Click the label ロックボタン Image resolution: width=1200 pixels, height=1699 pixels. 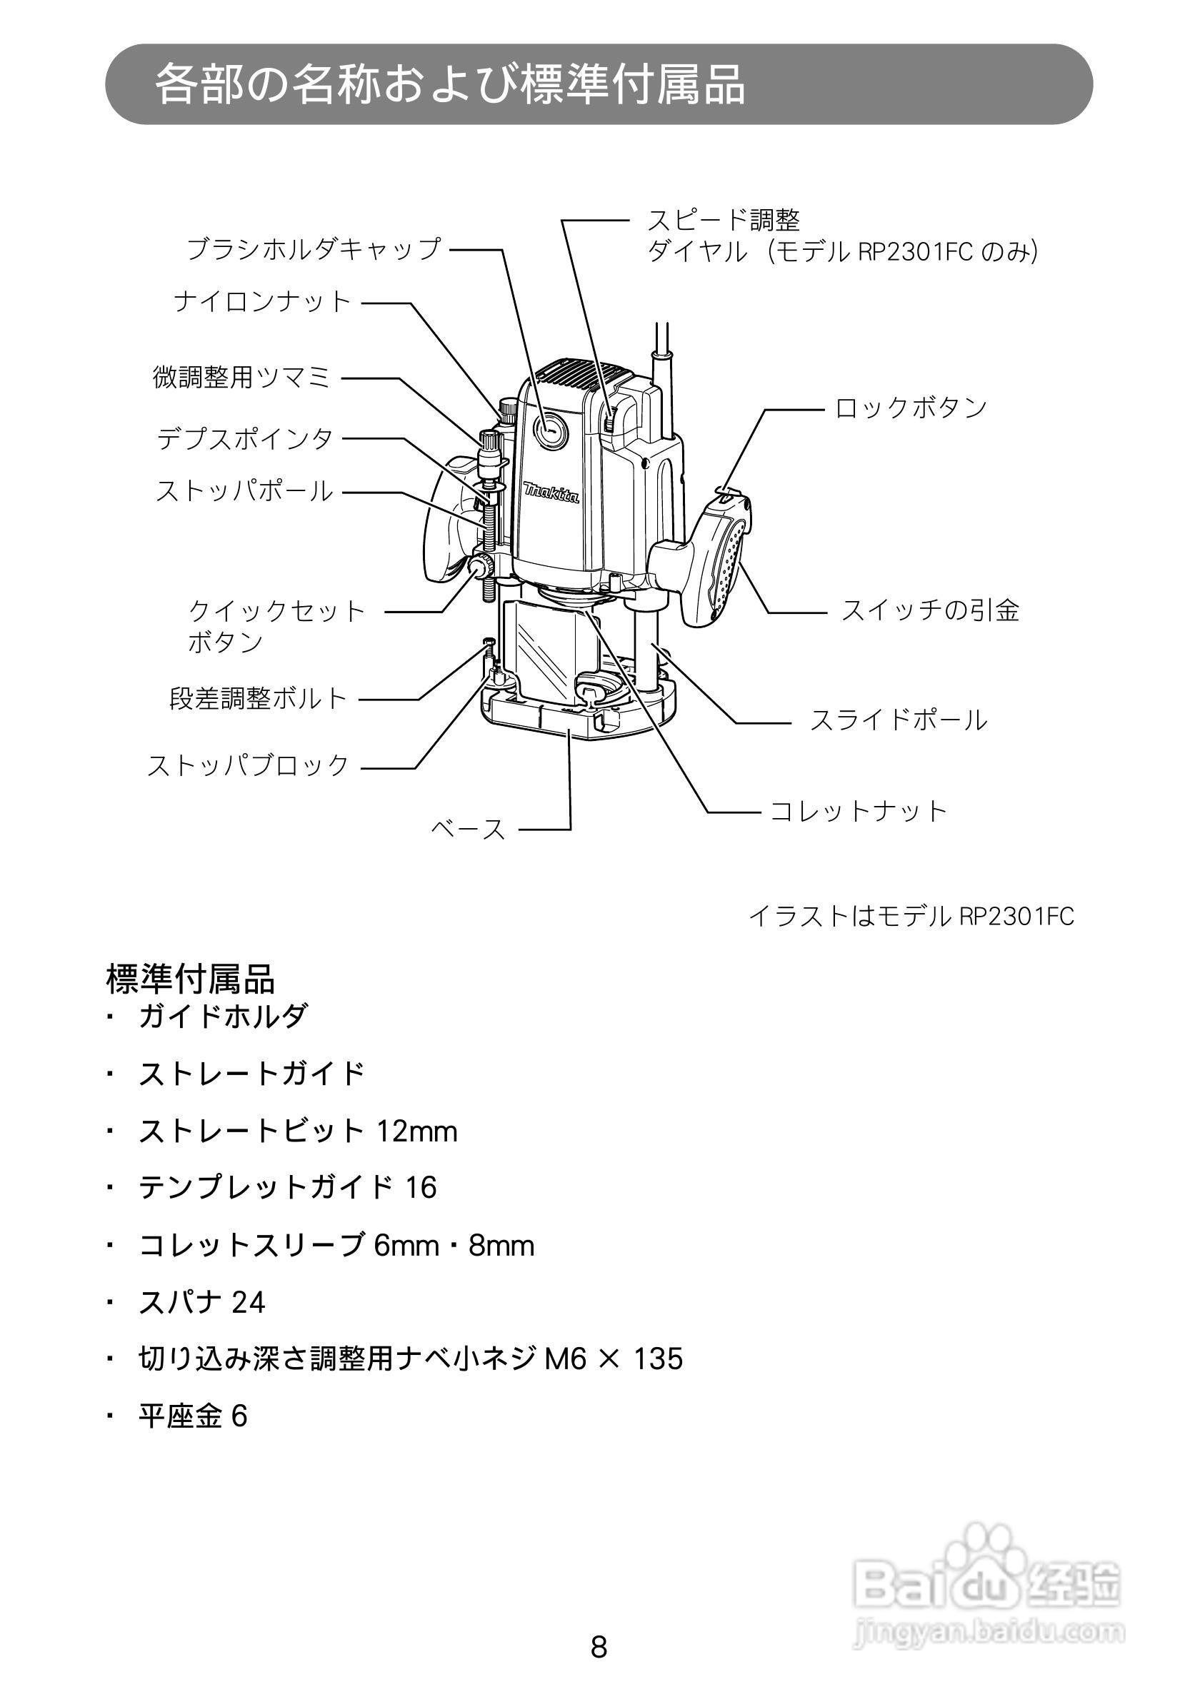911,408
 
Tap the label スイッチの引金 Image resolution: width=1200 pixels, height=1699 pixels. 930,610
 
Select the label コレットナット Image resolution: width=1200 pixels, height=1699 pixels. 858,811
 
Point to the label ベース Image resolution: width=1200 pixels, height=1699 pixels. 469,829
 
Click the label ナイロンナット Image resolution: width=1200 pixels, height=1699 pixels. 262,302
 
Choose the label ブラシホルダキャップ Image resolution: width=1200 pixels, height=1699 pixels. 313,248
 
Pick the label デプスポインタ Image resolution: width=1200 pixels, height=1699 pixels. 245,439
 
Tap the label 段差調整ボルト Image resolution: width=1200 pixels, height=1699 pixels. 259,698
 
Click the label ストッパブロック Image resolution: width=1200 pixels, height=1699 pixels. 248,765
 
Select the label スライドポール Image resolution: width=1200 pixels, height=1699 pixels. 898,720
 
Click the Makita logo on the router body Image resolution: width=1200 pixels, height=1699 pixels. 551,492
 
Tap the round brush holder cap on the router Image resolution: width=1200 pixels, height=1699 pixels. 550,430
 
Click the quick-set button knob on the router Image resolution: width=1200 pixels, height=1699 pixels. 480,568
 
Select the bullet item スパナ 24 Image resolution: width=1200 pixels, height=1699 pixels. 201,1302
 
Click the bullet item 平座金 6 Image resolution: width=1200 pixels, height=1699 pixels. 192,1416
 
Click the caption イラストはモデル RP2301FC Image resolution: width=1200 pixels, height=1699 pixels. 911,917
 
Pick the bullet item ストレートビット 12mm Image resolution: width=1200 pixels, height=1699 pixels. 298,1131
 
